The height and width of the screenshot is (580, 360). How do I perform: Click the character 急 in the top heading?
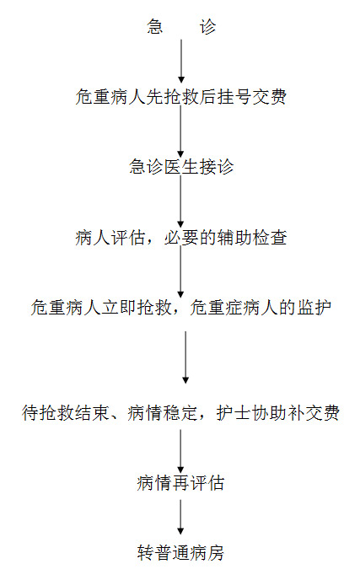click(x=154, y=27)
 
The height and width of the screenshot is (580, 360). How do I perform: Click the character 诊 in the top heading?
click(x=207, y=27)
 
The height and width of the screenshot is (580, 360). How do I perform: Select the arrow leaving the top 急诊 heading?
click(x=181, y=61)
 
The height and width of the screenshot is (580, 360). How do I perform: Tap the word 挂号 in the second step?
click(x=234, y=97)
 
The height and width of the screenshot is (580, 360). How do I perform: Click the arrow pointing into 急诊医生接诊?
click(x=181, y=132)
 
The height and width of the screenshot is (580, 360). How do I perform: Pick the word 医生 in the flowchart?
click(x=181, y=167)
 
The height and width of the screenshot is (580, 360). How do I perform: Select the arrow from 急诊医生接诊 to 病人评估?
click(x=181, y=201)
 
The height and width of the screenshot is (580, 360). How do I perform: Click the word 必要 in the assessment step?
click(x=181, y=238)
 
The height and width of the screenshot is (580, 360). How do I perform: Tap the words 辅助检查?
click(x=251, y=238)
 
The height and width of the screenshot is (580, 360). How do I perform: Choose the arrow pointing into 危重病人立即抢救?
click(x=181, y=271)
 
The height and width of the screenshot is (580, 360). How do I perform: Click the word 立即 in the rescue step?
click(x=118, y=308)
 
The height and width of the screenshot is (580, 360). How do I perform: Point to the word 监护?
click(x=314, y=308)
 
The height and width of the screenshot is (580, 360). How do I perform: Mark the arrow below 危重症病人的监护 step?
click(x=185, y=357)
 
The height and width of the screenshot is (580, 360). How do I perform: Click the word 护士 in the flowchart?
click(x=233, y=413)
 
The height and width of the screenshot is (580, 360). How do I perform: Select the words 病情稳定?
click(x=163, y=413)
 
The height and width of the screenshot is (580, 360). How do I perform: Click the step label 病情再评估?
click(x=180, y=483)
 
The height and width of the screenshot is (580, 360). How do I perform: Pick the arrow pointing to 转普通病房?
click(x=180, y=517)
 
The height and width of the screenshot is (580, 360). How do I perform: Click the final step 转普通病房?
click(x=180, y=553)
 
